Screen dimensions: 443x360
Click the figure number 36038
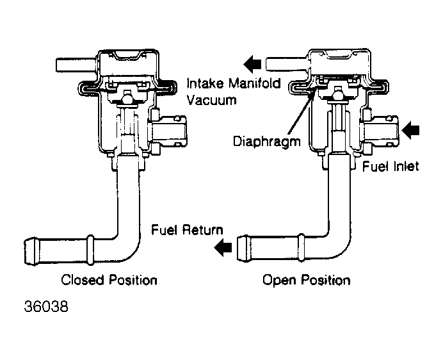pyautogui.click(x=46, y=306)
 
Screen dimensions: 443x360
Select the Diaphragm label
pyautogui.click(x=266, y=141)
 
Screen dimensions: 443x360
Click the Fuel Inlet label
pyautogui.click(x=391, y=167)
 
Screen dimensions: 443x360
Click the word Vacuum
pyautogui.click(x=211, y=100)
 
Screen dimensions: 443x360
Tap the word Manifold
pyautogui.click(x=254, y=84)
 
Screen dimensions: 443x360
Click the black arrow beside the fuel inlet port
pyautogui.click(x=410, y=131)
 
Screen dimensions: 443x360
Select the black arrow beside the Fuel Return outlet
pyautogui.click(x=223, y=247)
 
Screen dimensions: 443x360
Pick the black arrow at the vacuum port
pyautogui.click(x=252, y=64)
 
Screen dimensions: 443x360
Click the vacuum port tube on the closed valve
pyautogui.click(x=76, y=65)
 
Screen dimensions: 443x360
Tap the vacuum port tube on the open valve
pyautogui.click(x=287, y=64)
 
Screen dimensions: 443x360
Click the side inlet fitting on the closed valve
pyautogui.click(x=168, y=131)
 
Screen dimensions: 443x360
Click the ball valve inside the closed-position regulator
pyautogui.click(x=127, y=99)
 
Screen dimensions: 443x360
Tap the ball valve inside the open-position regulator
pyautogui.click(x=338, y=95)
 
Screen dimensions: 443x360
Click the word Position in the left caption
pyautogui.click(x=133, y=280)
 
